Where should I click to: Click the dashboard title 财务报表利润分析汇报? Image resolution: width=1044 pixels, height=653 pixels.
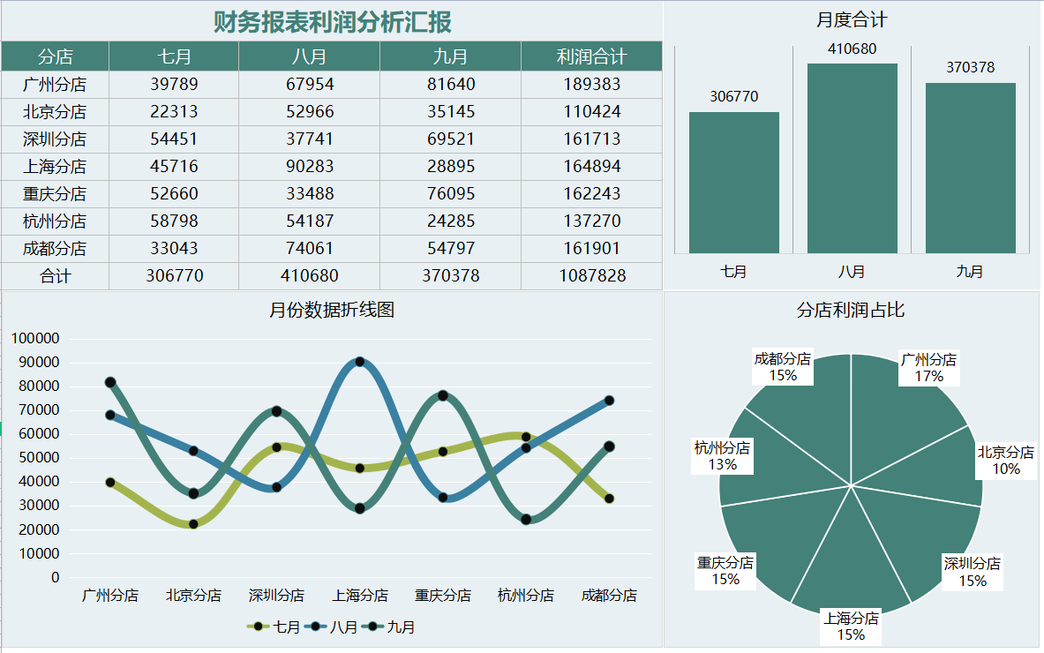[x=332, y=22]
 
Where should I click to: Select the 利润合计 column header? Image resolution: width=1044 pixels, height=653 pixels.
[x=591, y=56]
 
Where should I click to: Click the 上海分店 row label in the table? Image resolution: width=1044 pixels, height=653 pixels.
[x=55, y=166]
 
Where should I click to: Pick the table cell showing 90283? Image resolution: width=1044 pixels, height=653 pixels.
[x=309, y=166]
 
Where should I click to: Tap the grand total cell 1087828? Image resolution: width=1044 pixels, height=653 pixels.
[x=591, y=275]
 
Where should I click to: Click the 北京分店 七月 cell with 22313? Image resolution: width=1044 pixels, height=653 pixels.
[x=174, y=111]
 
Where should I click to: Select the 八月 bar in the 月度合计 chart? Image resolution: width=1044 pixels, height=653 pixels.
[x=852, y=159]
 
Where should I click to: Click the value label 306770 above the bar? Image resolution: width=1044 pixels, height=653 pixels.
[x=733, y=96]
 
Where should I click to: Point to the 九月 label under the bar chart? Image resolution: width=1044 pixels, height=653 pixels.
[x=969, y=272]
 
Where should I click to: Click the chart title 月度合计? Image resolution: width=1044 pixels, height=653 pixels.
[x=851, y=19]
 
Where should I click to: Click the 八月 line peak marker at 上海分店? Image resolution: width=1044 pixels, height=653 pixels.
[x=359, y=362]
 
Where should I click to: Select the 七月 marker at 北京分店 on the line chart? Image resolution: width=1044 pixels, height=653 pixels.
[x=193, y=524]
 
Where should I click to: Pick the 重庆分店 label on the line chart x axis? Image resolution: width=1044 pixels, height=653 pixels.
[x=442, y=596]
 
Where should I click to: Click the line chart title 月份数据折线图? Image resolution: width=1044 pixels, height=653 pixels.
[x=331, y=310]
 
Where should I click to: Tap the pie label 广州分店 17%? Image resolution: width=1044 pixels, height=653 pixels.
[x=928, y=368]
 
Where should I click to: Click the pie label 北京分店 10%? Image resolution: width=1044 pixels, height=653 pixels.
[x=1005, y=461]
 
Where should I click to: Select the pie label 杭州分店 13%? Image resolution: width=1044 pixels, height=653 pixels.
[x=722, y=456]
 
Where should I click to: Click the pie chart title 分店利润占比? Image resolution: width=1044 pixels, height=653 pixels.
[x=850, y=310]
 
